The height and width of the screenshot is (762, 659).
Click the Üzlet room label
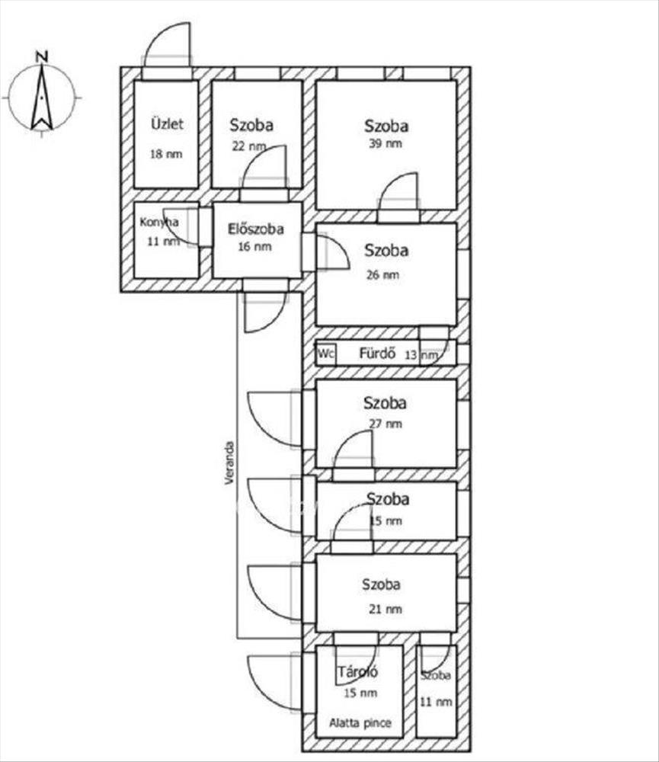click(x=167, y=123)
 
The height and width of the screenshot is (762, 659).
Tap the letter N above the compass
click(x=42, y=56)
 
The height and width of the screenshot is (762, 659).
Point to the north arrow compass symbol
click(x=42, y=98)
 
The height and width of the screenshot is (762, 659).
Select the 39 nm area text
click(x=385, y=143)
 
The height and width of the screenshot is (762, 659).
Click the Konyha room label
click(x=159, y=222)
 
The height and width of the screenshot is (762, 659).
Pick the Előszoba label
click(x=256, y=229)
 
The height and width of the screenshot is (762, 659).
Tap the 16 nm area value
click(x=254, y=246)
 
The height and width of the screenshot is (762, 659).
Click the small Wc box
click(x=326, y=354)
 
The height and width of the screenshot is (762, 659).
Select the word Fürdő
click(x=377, y=354)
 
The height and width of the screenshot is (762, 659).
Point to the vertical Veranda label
click(x=229, y=463)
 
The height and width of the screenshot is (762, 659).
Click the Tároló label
click(x=357, y=672)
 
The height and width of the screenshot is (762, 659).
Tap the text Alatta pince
click(x=360, y=723)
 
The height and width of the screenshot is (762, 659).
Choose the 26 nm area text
click(x=383, y=274)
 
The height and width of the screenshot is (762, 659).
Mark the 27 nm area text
click(x=385, y=424)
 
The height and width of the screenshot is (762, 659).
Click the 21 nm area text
click(x=385, y=609)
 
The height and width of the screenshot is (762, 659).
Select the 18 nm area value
click(x=166, y=154)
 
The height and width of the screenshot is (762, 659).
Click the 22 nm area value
click(x=249, y=146)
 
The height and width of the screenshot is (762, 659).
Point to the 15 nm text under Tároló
click(x=360, y=693)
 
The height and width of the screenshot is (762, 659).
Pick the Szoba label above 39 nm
click(x=386, y=126)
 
